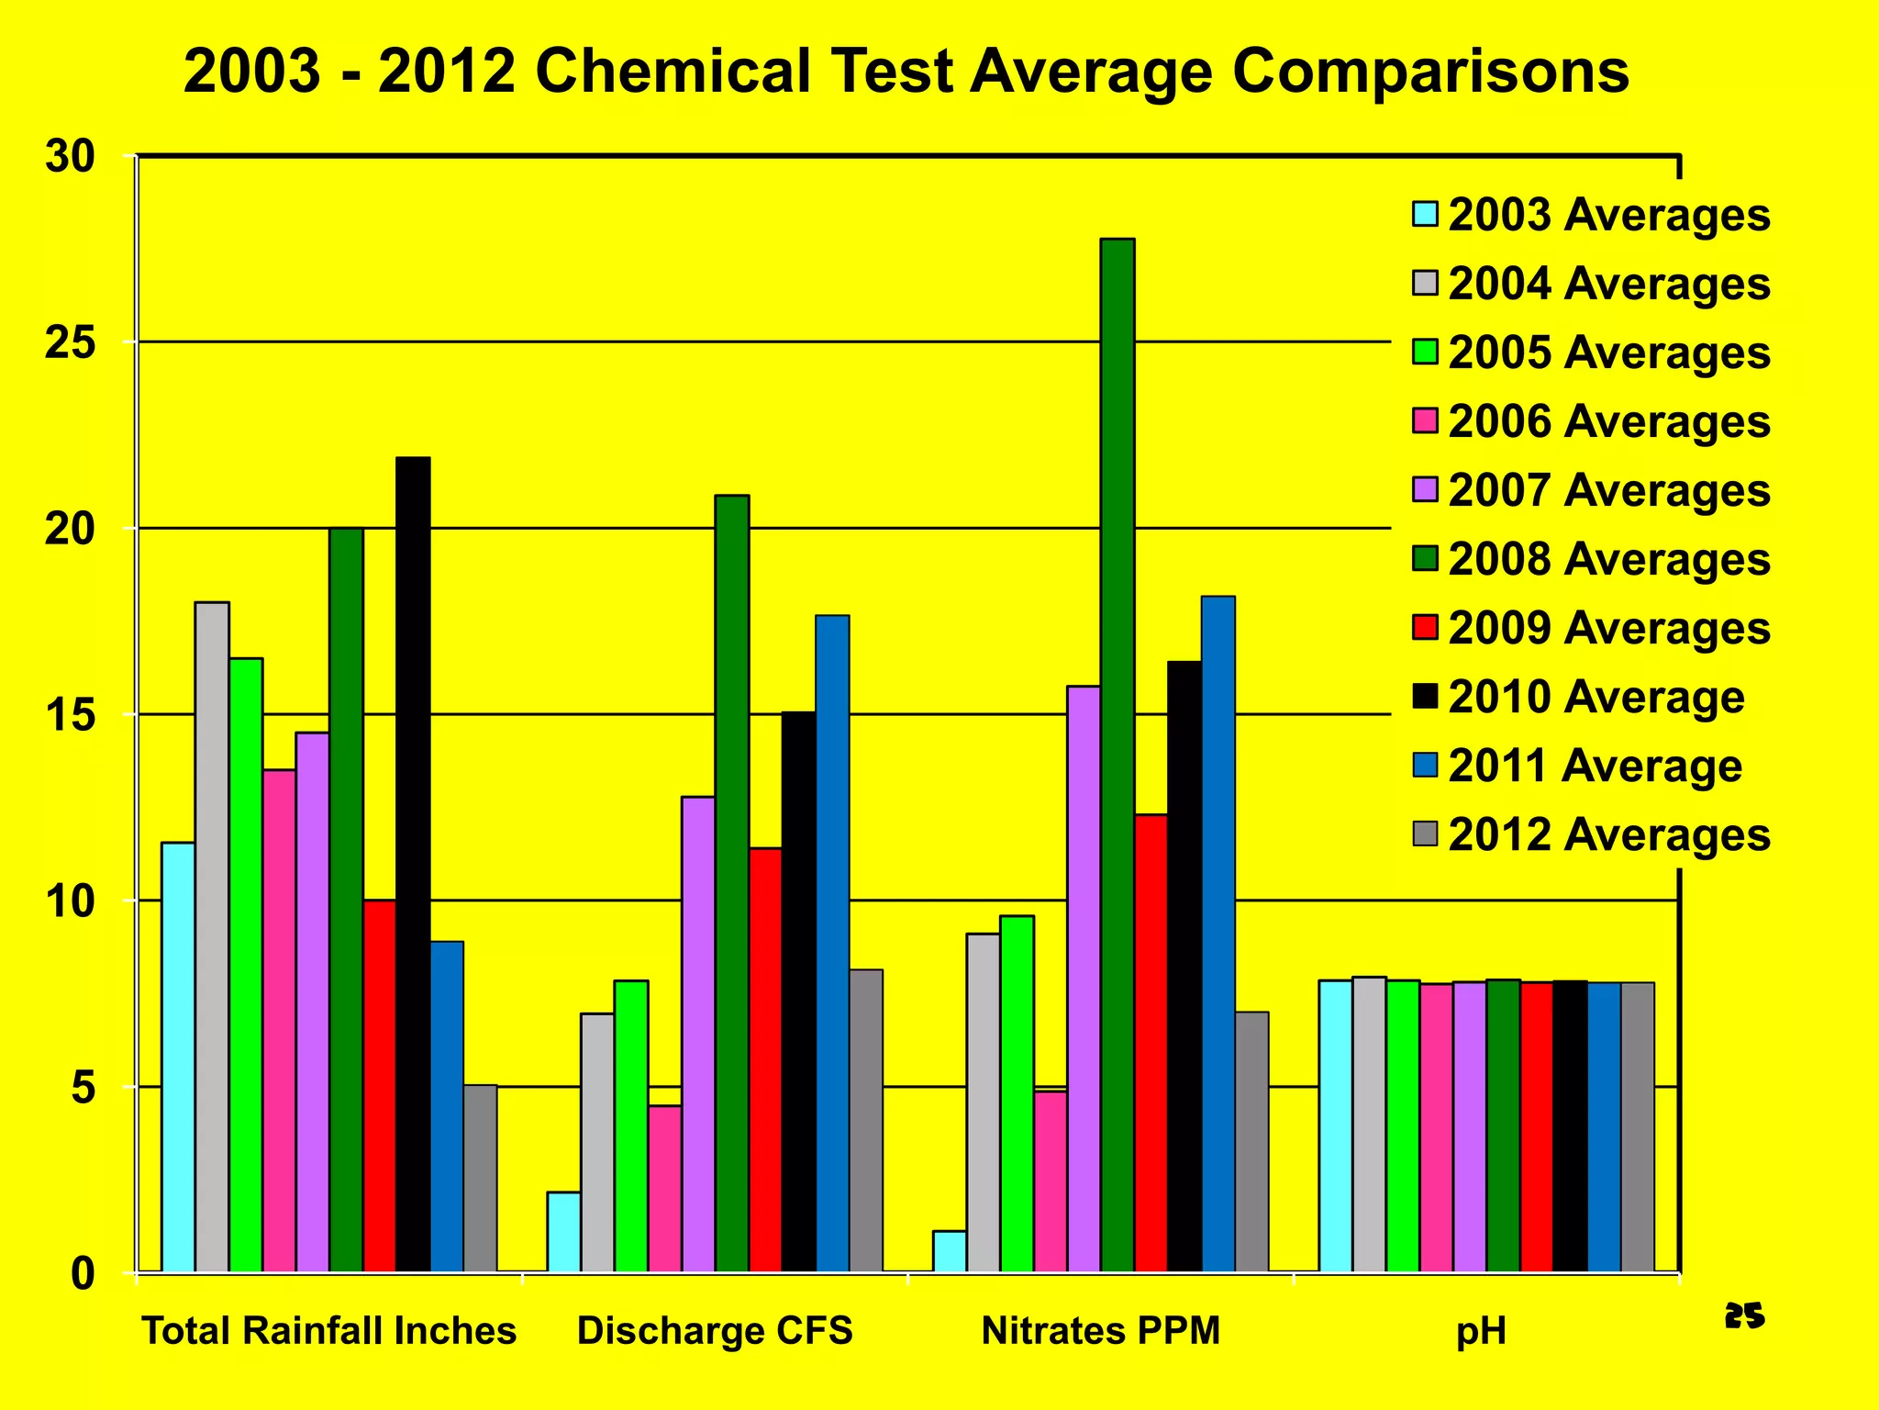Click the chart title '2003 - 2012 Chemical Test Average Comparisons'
pyautogui.click(x=906, y=72)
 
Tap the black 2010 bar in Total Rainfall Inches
pyautogui.click(x=413, y=864)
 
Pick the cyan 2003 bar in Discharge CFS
pyautogui.click(x=563, y=1231)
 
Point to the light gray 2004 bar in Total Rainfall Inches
pyautogui.click(x=212, y=936)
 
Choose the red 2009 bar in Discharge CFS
pyautogui.click(x=765, y=1059)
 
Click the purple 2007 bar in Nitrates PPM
pyautogui.click(x=1084, y=979)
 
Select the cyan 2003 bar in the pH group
pyautogui.click(x=1335, y=1125)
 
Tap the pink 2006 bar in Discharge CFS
pyautogui.click(x=664, y=1188)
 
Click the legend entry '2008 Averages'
pyautogui.click(x=1608, y=559)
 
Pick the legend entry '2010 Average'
pyautogui.click(x=1595, y=697)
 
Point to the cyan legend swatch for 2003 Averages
pyautogui.click(x=1425, y=215)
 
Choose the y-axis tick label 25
pyautogui.click(x=71, y=343)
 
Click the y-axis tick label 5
pyautogui.click(x=82, y=1089)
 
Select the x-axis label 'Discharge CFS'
pyautogui.click(x=715, y=1330)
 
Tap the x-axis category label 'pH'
pyautogui.click(x=1481, y=1331)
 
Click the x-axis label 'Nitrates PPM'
pyautogui.click(x=1101, y=1330)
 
